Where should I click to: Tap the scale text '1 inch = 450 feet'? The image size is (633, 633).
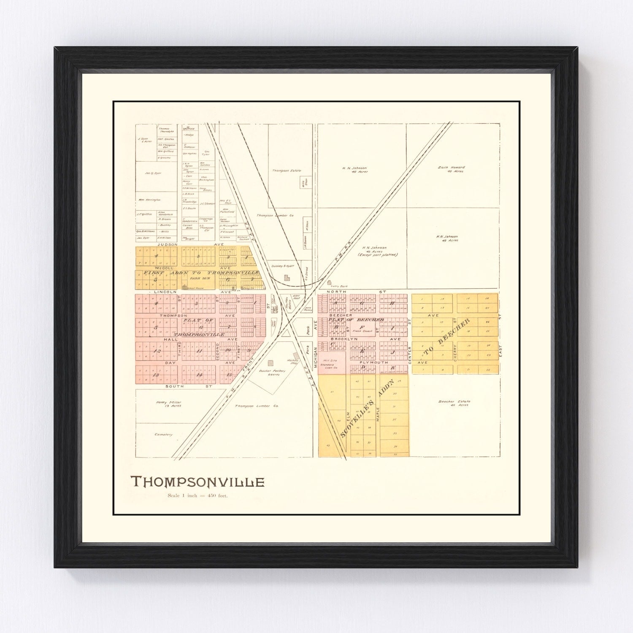(x=197, y=496)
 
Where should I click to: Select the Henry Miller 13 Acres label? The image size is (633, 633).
(x=165, y=404)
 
